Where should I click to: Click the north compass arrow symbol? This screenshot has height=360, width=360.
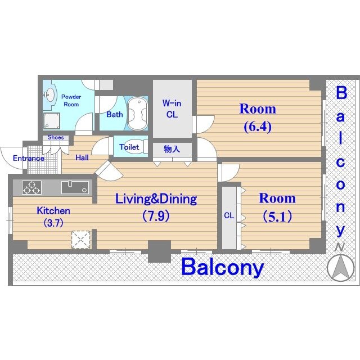[340, 268]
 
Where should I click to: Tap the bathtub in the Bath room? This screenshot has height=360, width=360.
[137, 114]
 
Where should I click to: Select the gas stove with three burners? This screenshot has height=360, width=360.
[32, 187]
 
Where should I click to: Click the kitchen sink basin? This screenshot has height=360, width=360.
[75, 187]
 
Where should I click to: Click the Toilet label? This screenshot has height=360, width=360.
[129, 147]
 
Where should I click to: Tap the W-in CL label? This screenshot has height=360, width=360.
[172, 109]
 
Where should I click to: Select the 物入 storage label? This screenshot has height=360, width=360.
[172, 149]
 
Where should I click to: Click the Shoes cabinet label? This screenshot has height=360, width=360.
[56, 137]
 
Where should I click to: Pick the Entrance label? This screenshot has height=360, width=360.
[29, 158]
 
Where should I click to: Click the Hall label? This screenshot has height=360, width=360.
[82, 157]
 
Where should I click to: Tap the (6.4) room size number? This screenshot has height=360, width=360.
[258, 127]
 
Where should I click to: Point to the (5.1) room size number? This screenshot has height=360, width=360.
[277, 217]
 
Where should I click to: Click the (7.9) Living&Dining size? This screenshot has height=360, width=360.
[156, 216]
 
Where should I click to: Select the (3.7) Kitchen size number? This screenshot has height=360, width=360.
[53, 223]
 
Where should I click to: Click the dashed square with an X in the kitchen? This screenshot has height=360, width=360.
[81, 240]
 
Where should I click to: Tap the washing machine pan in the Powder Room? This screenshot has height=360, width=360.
[52, 121]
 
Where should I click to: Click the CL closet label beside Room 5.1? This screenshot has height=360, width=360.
[229, 215]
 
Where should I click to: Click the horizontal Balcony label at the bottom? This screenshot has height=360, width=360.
[223, 267]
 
